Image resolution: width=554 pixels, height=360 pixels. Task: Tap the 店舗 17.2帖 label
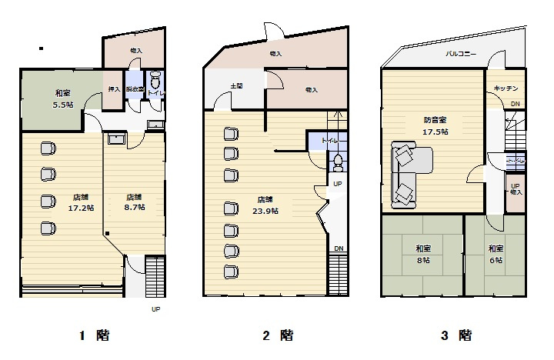point(81,202)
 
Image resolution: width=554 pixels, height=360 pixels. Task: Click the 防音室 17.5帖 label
point(435,125)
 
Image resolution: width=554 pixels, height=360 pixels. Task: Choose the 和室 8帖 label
point(422,254)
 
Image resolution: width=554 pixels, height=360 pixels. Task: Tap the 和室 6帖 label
point(495,254)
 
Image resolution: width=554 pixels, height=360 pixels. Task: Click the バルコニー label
point(460,55)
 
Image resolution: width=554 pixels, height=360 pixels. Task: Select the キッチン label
point(506,88)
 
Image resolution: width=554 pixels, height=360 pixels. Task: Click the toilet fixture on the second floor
point(339,162)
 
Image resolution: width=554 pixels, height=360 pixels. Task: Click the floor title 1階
point(95,335)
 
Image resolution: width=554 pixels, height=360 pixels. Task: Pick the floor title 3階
point(456,335)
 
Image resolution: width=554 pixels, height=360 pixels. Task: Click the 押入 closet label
point(114,89)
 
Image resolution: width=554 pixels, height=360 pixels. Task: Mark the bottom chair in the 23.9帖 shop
point(229,271)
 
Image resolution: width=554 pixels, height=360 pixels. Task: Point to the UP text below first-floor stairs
point(156,309)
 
